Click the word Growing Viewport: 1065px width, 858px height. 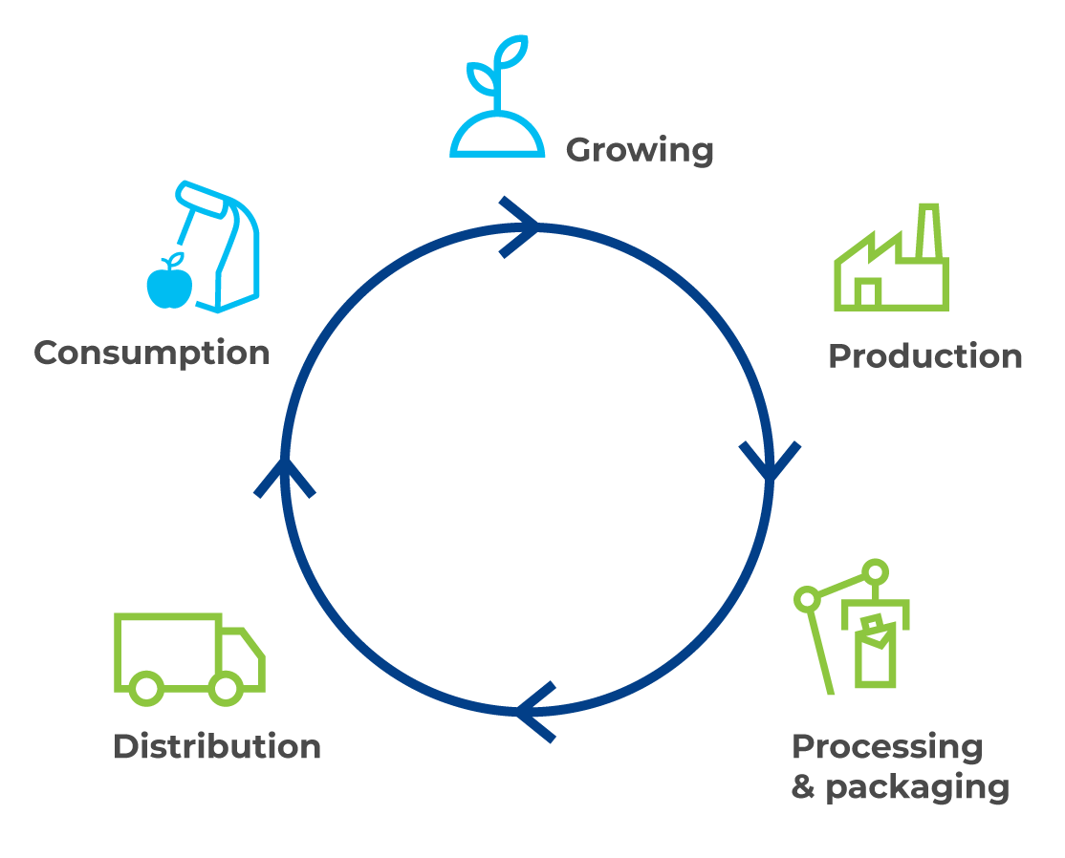pos(640,151)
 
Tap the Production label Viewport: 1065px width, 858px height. pos(924,356)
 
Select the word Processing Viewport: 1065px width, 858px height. pos(886,747)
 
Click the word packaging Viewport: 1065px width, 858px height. pos(917,788)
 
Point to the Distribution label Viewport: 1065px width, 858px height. pos(217,746)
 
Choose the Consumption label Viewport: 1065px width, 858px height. pos(152,353)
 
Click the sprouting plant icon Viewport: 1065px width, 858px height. pos(497,100)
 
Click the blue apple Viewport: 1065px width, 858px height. pos(169,285)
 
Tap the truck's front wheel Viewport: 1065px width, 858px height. pos(226,687)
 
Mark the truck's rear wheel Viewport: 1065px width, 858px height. pos(146,687)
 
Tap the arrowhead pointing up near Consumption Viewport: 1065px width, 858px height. pos(284,476)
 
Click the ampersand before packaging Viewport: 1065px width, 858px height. pos(803,788)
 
